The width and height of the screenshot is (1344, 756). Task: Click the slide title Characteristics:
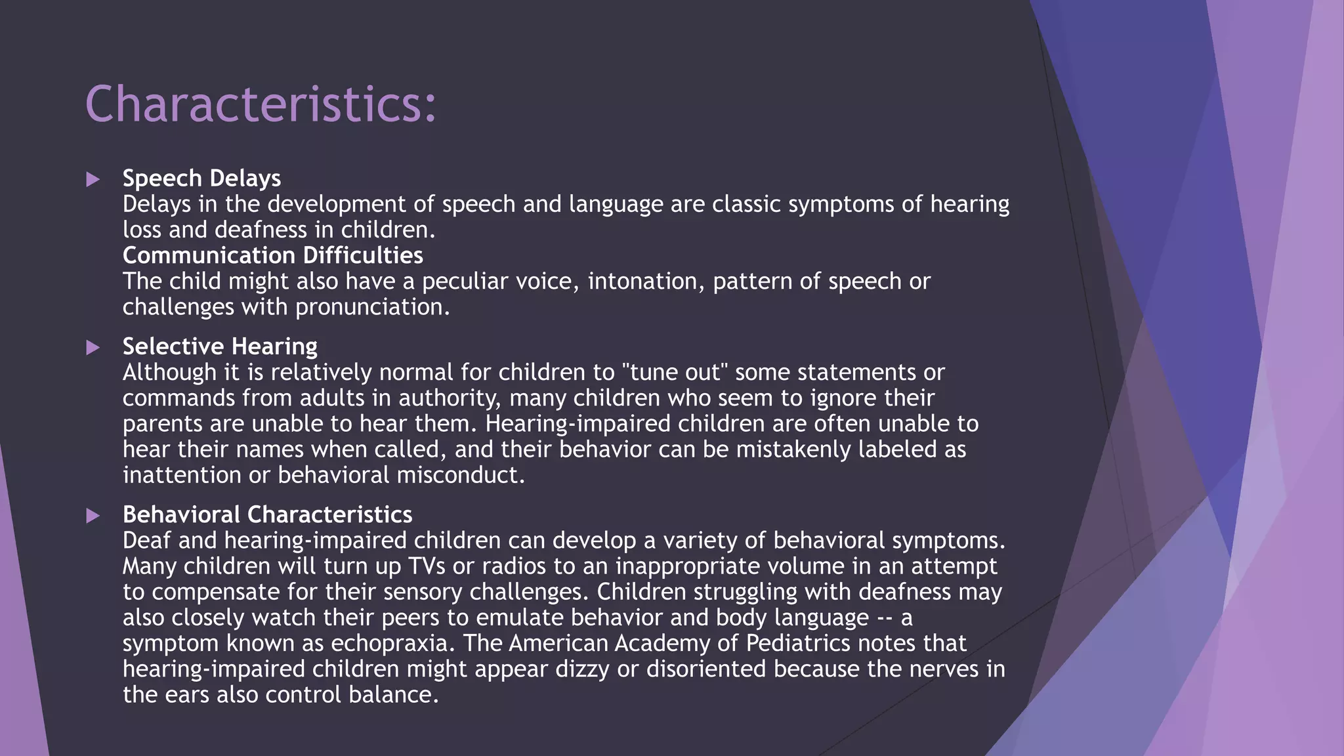click(x=261, y=105)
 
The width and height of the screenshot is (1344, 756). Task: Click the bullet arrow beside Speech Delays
click(x=93, y=179)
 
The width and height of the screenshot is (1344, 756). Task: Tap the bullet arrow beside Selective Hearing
click(x=93, y=347)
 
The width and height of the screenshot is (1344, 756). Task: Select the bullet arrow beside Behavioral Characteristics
click(x=93, y=515)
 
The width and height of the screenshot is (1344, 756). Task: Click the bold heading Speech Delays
click(x=201, y=178)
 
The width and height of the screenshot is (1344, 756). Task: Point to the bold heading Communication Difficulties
click(x=272, y=255)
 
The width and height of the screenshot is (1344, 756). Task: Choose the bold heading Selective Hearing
click(x=220, y=346)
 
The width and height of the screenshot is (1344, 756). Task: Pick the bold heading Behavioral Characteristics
click(x=267, y=514)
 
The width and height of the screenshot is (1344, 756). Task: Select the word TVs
click(x=428, y=566)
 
